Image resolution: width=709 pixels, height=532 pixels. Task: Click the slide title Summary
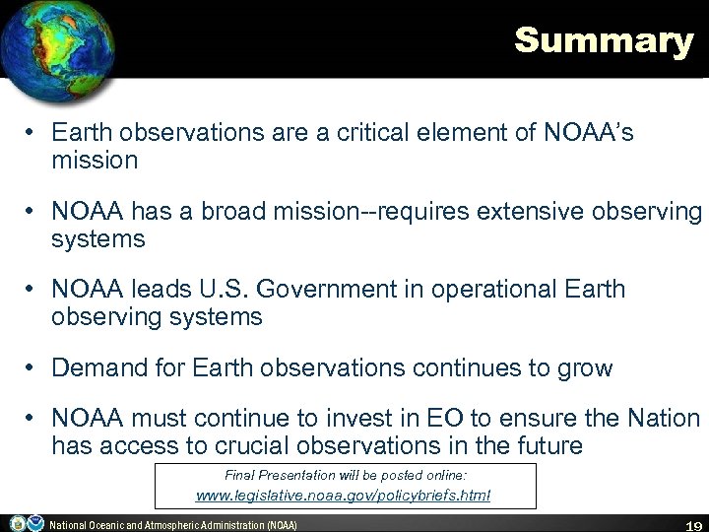(x=603, y=41)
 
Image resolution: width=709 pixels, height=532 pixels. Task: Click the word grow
(x=586, y=368)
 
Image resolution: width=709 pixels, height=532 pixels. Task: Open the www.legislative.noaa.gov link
(x=345, y=496)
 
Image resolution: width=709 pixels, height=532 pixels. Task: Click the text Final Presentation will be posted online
(x=345, y=473)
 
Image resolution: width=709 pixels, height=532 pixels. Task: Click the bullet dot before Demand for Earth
(x=32, y=369)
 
